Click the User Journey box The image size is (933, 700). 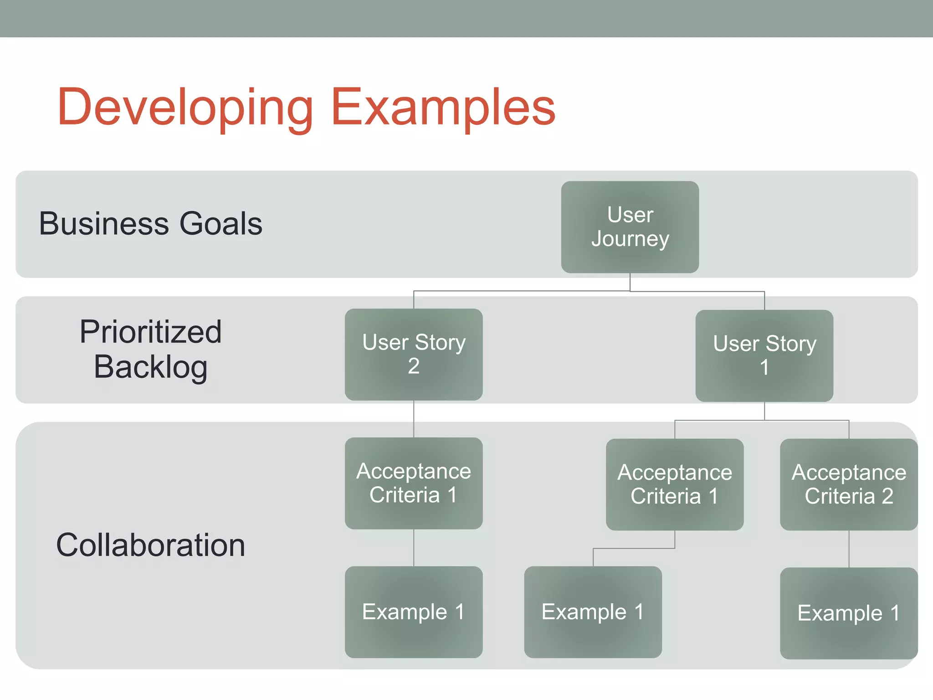point(630,227)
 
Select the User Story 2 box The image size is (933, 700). point(413,354)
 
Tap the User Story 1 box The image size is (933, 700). point(764,355)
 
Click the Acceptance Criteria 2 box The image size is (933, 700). point(848,484)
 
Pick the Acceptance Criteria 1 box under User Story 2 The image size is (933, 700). point(413,483)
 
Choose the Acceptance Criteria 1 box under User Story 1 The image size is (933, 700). point(674,484)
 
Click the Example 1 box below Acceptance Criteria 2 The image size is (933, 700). point(848,613)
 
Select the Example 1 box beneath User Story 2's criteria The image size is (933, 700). point(413,612)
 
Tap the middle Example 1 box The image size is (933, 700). point(592,612)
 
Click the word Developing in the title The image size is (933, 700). point(185,108)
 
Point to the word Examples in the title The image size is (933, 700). point(443,108)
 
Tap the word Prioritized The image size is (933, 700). point(150,332)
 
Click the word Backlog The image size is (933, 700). point(150,367)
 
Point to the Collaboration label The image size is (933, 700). point(150,545)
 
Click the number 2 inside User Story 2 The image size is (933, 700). point(413,366)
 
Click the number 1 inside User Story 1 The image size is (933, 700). point(764,367)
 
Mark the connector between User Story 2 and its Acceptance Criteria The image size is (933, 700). point(414,419)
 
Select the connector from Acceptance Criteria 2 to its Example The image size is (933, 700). point(849,549)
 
